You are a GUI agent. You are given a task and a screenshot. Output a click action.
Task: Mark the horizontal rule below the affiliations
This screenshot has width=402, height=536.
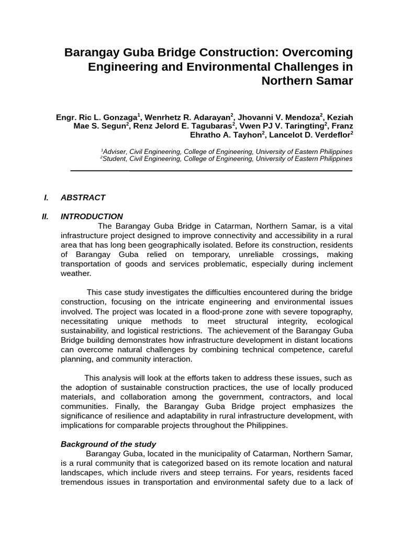(x=211, y=171)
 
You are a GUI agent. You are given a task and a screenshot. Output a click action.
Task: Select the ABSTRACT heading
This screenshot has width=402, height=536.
(x=83, y=197)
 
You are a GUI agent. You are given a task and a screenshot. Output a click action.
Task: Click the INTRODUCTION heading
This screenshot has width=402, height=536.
(x=92, y=216)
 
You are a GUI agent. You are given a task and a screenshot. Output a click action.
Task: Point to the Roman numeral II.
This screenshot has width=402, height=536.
(x=45, y=216)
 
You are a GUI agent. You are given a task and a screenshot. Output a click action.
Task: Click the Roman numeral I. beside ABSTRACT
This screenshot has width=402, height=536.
(x=46, y=197)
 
